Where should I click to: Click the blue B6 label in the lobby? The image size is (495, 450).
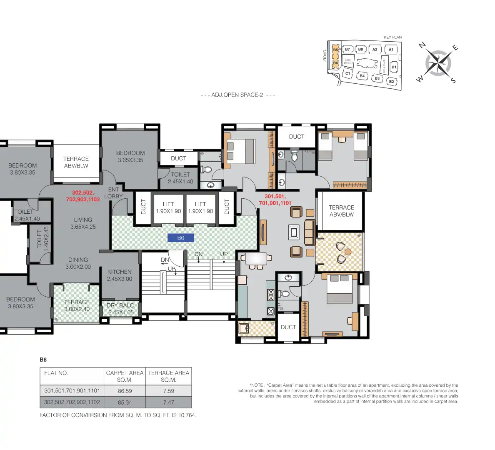[180, 238]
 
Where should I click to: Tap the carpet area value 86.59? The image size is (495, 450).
[125, 391]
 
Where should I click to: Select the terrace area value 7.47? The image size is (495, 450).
[168, 402]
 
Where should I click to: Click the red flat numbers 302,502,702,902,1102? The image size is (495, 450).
[83, 196]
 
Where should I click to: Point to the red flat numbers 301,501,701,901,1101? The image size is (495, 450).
[275, 200]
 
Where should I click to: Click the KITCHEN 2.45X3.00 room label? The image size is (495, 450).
[120, 275]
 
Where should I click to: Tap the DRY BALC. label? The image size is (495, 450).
[120, 309]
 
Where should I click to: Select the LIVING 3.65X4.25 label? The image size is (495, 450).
[83, 223]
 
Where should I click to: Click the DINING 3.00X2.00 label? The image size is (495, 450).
[78, 263]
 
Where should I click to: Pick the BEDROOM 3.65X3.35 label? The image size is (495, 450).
[130, 157]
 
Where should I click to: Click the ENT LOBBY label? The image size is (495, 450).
[113, 193]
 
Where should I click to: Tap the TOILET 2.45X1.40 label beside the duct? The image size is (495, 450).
[180, 178]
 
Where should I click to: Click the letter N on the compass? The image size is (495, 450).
[422, 45]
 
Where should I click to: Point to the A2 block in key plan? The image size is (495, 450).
[375, 50]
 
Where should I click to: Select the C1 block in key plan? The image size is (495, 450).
[347, 74]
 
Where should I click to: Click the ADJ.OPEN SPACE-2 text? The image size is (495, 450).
[237, 95]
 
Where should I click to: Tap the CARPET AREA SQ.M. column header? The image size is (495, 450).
[125, 376]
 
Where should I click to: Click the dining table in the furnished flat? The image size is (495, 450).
[256, 259]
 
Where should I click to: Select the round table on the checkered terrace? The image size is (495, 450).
[348, 252]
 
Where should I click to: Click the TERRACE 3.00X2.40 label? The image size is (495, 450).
[77, 305]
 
